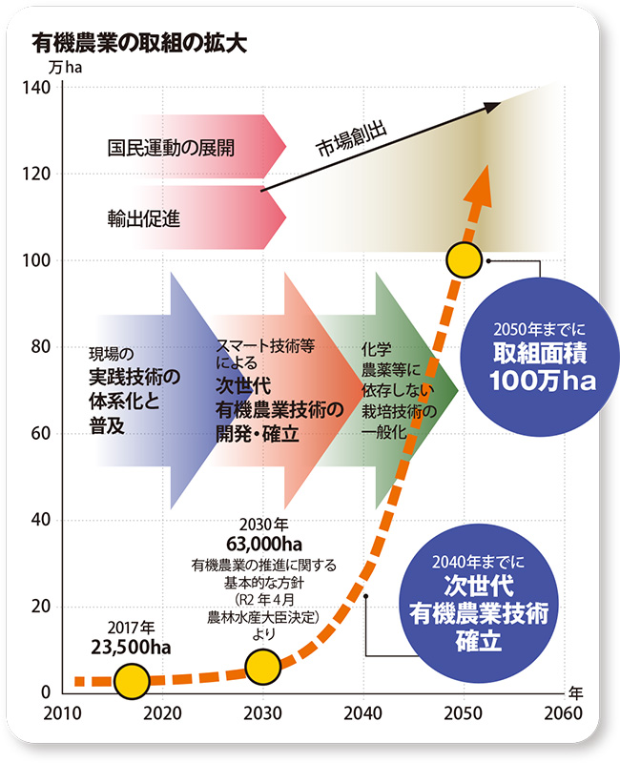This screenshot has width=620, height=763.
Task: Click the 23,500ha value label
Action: tap(131, 648)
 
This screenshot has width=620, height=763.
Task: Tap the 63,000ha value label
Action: tap(264, 544)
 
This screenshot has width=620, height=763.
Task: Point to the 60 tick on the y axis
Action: tap(38, 434)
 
